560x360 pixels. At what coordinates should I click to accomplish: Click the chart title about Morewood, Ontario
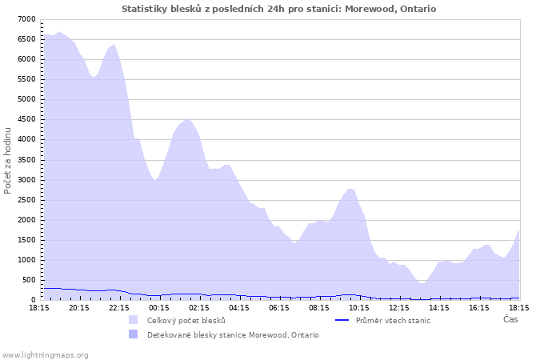click(x=279, y=9)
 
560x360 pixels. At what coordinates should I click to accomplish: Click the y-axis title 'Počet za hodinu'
click(x=8, y=159)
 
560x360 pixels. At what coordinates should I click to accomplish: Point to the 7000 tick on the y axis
click(x=26, y=19)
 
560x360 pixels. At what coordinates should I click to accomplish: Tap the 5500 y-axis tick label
click(x=26, y=79)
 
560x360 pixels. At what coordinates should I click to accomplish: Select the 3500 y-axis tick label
click(x=26, y=160)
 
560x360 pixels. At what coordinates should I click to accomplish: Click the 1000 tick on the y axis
click(x=26, y=260)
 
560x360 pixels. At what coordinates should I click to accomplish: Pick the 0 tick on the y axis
click(x=33, y=300)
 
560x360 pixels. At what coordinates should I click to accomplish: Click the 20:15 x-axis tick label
click(x=78, y=307)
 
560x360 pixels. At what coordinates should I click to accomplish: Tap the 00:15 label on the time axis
click(x=158, y=307)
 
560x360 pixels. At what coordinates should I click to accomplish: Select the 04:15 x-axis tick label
click(x=238, y=307)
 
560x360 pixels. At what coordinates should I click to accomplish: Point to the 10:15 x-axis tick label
click(x=358, y=307)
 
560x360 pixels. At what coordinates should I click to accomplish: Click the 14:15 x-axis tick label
click(x=438, y=307)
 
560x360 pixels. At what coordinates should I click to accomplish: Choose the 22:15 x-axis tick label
click(x=118, y=307)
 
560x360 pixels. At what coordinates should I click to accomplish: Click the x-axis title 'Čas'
click(x=510, y=320)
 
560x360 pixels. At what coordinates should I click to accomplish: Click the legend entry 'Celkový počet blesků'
click(x=186, y=320)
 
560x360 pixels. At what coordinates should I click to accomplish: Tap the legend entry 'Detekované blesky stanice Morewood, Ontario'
click(x=232, y=334)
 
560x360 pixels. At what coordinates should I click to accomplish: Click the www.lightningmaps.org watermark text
click(x=46, y=354)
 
